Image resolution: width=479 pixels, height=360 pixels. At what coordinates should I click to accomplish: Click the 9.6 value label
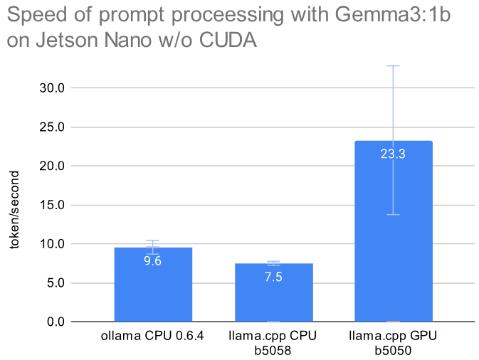pyautogui.click(x=153, y=261)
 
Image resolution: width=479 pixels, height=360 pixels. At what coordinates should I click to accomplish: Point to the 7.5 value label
pyautogui.click(x=273, y=277)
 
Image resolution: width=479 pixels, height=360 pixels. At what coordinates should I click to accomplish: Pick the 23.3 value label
pyautogui.click(x=393, y=154)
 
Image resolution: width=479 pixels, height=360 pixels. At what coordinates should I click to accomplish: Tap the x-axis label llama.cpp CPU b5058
pyautogui.click(x=273, y=342)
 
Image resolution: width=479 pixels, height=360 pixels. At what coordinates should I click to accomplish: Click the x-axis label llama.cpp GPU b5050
pyautogui.click(x=393, y=342)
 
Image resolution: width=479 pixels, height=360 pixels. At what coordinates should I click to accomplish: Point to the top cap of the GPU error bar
pyautogui.click(x=393, y=65)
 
